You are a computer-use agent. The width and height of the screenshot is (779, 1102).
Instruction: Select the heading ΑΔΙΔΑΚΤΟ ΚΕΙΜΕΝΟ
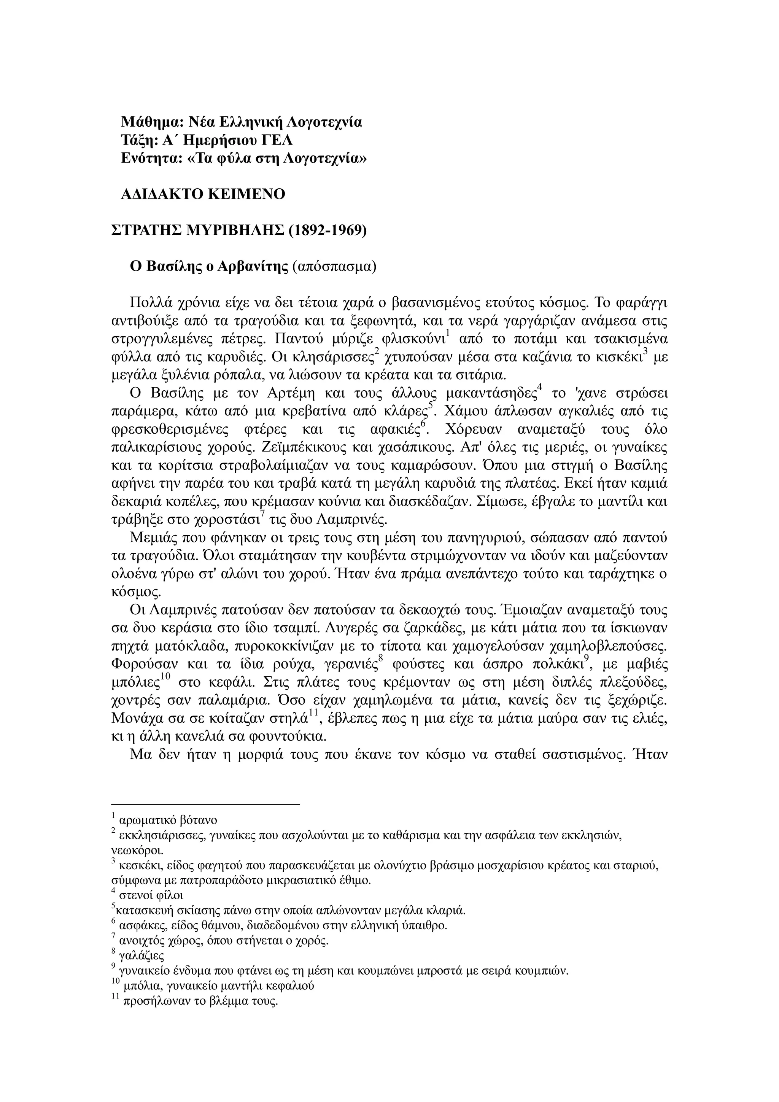click(203, 194)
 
